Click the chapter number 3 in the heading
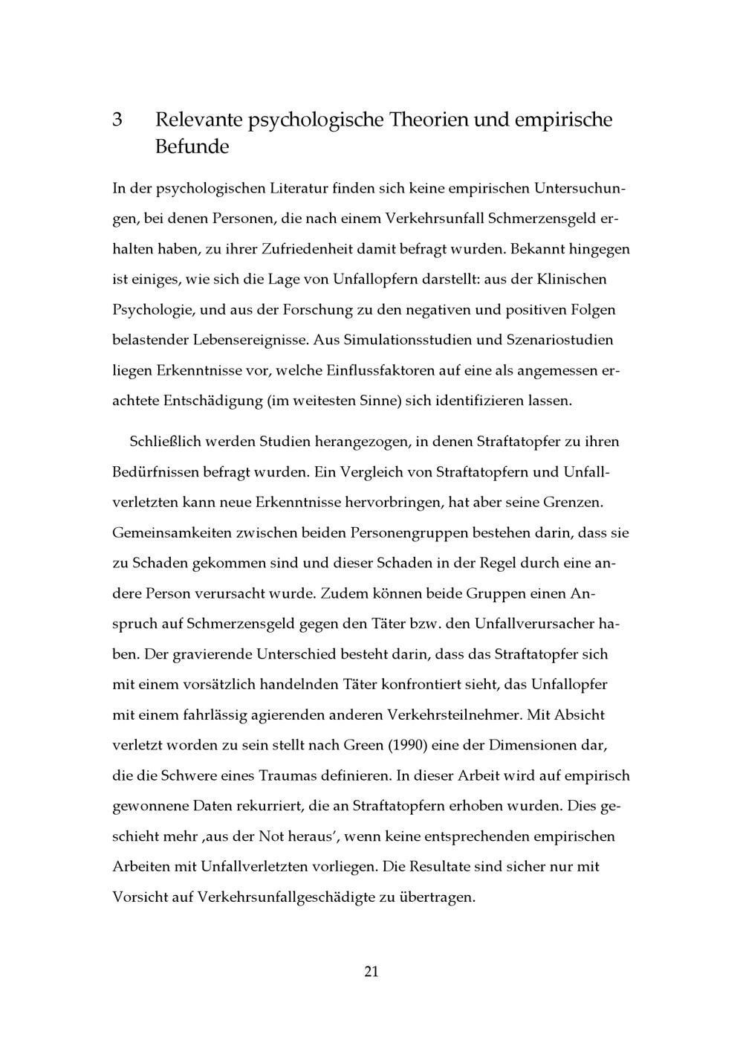[117, 120]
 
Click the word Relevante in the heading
[197, 120]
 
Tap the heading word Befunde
[192, 146]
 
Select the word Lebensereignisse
[250, 341]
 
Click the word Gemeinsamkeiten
[169, 533]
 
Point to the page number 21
[371, 972]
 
